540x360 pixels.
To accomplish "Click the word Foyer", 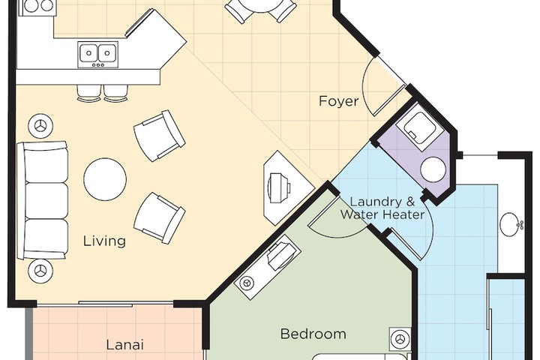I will [338, 101].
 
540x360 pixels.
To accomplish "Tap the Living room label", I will [104, 241].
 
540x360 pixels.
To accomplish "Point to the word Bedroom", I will [313, 334].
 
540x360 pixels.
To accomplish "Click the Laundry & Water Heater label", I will [382, 208].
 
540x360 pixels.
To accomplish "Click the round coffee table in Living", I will [105, 179].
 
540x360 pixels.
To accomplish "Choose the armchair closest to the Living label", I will [158, 217].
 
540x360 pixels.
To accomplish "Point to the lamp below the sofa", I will [39, 269].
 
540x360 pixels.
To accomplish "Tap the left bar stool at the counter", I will [88, 91].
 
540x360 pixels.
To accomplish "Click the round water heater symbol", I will [432, 169].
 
